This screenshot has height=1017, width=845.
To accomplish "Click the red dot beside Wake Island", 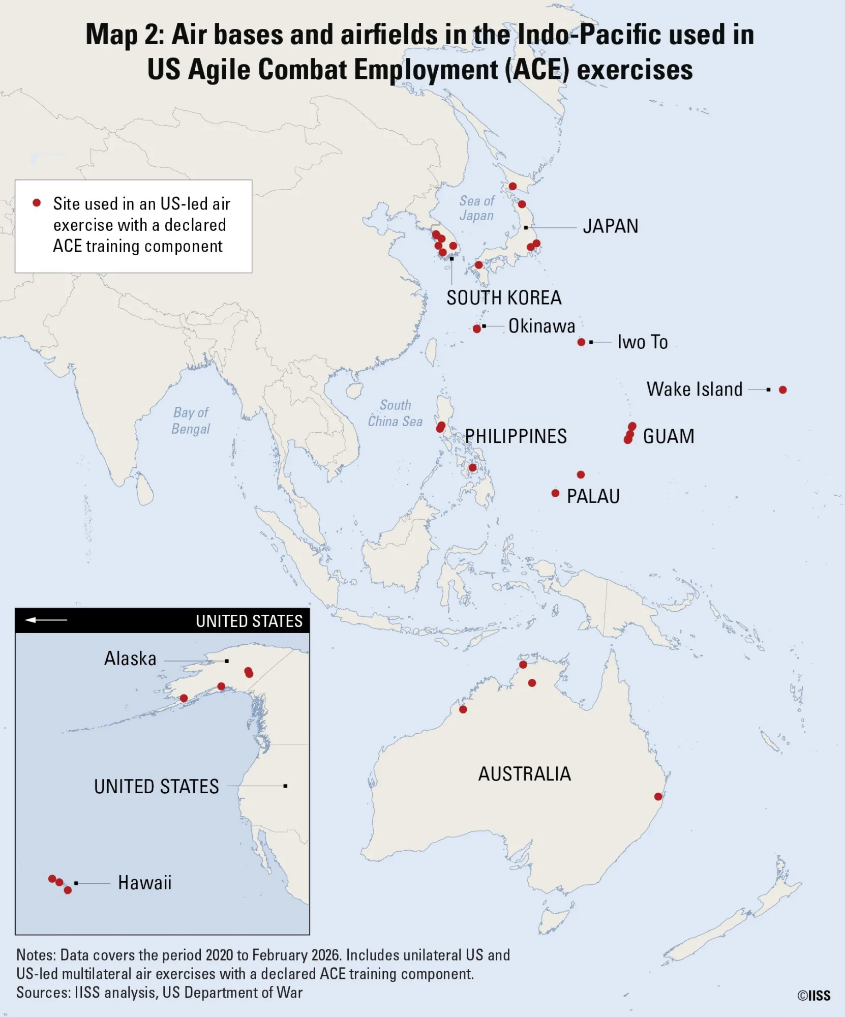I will pyautogui.click(x=782, y=390).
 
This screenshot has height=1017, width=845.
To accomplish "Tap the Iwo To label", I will pyautogui.click(x=642, y=342).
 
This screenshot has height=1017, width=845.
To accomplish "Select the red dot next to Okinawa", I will pyautogui.click(x=476, y=328).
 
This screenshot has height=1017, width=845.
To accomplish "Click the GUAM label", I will pyautogui.click(x=668, y=436).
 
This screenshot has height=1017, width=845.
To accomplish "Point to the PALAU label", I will pyautogui.click(x=593, y=496).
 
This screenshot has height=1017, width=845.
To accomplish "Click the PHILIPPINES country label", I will pyautogui.click(x=516, y=436).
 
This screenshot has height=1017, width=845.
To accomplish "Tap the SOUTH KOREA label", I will pyautogui.click(x=503, y=297).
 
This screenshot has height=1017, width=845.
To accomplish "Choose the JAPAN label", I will pyautogui.click(x=610, y=226).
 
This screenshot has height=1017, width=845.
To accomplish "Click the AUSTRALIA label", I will pyautogui.click(x=524, y=774).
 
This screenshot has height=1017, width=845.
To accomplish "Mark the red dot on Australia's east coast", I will pyautogui.click(x=658, y=796).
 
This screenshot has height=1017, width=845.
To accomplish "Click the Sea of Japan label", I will pyautogui.click(x=476, y=208).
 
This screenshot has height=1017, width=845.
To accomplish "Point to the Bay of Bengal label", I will pyautogui.click(x=191, y=421).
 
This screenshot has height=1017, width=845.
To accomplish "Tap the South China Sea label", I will pyautogui.click(x=395, y=413).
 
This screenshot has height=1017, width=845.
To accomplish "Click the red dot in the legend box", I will pyautogui.click(x=37, y=203).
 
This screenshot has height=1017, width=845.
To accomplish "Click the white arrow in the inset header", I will pyautogui.click(x=46, y=620).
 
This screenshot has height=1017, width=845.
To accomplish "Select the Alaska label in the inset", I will pyautogui.click(x=130, y=659).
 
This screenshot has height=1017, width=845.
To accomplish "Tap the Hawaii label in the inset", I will pyautogui.click(x=144, y=883).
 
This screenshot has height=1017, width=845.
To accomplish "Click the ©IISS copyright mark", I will pyautogui.click(x=813, y=996).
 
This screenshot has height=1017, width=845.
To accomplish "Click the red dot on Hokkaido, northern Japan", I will pyautogui.click(x=512, y=186).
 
